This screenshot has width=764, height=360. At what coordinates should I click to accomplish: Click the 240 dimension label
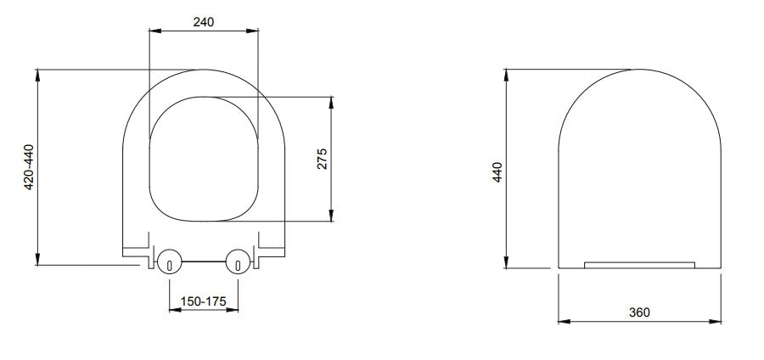[203, 22]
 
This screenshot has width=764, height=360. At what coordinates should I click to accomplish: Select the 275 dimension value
[322, 159]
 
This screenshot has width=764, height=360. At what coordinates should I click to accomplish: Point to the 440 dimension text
[497, 172]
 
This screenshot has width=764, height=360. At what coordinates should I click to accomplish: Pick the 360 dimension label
[639, 312]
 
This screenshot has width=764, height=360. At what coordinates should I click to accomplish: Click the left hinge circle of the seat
[169, 261]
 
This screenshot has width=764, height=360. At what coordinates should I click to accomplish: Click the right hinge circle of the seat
[238, 261]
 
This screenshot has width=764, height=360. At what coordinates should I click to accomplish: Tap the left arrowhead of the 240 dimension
[154, 31]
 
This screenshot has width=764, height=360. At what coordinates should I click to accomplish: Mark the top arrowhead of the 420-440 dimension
[37, 75]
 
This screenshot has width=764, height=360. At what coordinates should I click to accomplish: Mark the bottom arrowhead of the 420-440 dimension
[37, 261]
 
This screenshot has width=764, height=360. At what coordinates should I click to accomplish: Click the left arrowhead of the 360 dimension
[563, 321]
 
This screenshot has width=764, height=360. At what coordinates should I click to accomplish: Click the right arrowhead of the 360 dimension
[717, 321]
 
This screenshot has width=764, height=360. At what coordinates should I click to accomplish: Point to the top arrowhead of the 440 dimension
[508, 75]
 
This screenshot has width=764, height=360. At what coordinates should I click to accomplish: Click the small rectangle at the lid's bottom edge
[640, 264]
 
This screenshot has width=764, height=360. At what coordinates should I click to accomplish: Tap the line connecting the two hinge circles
[204, 261]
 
